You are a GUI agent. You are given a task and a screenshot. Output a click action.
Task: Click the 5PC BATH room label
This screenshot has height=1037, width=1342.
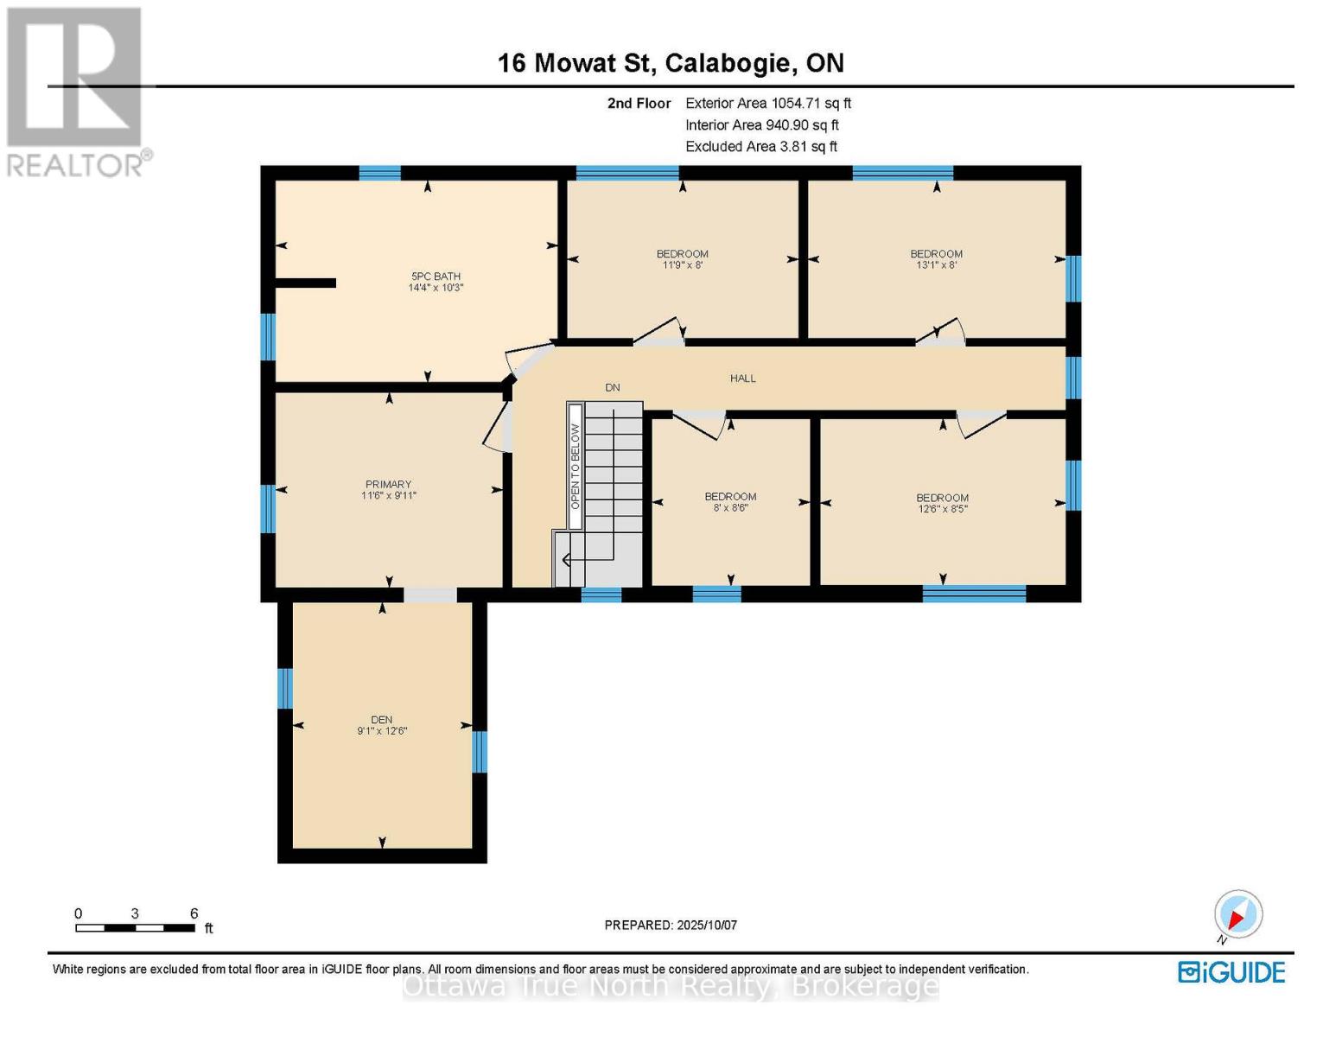coord(436,276)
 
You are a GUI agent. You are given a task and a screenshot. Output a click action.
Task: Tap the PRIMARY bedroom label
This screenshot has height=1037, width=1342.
coord(388,484)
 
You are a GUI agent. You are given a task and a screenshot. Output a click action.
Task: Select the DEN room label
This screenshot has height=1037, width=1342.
coord(382,720)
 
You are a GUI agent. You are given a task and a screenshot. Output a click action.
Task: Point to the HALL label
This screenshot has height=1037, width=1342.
coord(743,379)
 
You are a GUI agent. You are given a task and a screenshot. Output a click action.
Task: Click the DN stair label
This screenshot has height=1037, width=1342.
coord(612,388)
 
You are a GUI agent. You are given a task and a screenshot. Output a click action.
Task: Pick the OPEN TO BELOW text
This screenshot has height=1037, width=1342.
coord(575,467)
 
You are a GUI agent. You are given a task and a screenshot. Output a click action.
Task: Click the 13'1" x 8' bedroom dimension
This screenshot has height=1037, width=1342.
coord(936,265)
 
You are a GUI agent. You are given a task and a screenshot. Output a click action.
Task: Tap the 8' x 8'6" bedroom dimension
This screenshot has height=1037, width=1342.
coord(730,507)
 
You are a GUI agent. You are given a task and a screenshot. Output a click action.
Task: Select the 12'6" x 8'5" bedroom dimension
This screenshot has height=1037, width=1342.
coord(943,509)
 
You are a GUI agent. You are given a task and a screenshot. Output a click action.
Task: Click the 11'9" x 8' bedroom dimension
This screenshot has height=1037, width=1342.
coord(683,265)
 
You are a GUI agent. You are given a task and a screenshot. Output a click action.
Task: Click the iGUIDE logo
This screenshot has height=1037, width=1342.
coord(1231,972)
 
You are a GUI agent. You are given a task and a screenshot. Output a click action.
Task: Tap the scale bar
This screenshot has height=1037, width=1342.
coord(136,927)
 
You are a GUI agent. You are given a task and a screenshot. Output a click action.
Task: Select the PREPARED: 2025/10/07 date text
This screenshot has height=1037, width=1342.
coord(671,926)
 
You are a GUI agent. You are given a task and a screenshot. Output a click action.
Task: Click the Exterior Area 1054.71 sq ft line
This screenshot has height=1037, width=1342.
coord(768,103)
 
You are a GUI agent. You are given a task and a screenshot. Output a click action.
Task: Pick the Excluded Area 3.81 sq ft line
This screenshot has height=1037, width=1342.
coord(761,146)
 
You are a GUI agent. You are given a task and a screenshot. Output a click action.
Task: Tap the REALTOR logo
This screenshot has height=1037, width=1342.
coord(77,92)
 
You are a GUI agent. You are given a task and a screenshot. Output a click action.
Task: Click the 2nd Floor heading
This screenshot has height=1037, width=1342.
coord(639,103)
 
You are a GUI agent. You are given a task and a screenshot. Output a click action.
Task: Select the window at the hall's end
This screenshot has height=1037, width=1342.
coord(1073,378)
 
